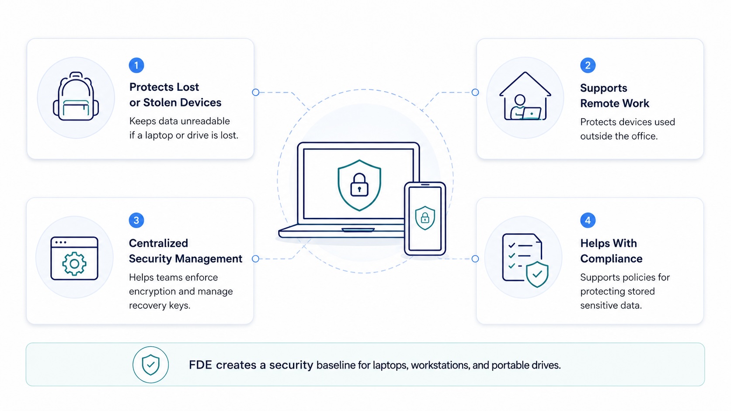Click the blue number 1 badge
click(136, 65)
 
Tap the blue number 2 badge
click(588, 65)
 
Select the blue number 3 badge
click(136, 220)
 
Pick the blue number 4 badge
click(588, 220)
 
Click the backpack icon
click(76, 96)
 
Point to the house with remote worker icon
click(525, 96)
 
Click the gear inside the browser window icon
click(74, 264)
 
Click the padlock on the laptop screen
click(359, 185)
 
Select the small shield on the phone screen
click(425, 218)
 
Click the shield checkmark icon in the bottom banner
click(150, 365)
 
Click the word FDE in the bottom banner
click(200, 365)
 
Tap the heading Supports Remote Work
click(615, 96)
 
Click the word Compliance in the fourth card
click(611, 259)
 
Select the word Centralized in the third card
click(158, 243)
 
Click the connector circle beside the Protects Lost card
click(255, 92)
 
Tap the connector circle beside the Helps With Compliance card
click(475, 259)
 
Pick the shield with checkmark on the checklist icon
click(537, 274)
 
